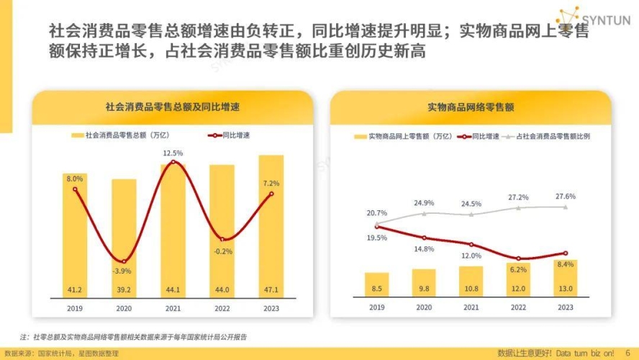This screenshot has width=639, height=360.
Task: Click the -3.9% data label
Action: [124, 271]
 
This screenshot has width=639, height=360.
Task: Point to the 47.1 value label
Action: [271, 289]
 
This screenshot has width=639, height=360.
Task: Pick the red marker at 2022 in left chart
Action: [222, 239]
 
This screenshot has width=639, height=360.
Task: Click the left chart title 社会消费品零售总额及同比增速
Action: [172, 107]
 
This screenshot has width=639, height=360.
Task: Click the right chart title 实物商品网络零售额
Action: [471, 107]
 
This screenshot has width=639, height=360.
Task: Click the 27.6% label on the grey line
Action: [566, 196]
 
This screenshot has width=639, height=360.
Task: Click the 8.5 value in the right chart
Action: [376, 289]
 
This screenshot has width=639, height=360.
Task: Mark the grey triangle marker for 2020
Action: [424, 213]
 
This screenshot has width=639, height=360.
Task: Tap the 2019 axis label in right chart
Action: [376, 307]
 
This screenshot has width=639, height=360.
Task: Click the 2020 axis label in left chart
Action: [124, 307]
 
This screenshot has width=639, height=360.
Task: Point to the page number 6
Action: [627, 352]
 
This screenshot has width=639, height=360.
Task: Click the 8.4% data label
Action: [566, 265]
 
